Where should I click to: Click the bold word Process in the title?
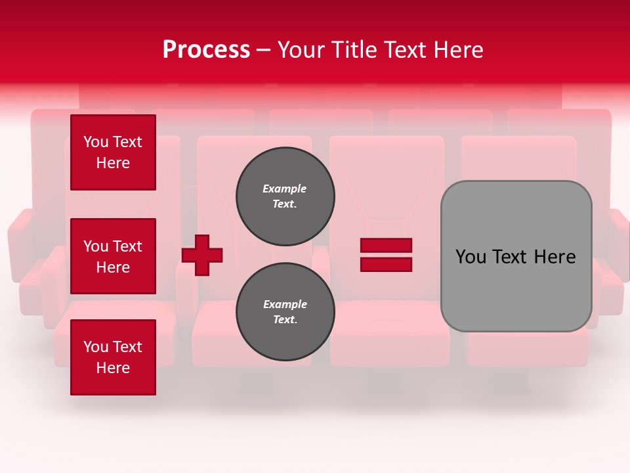(x=206, y=50)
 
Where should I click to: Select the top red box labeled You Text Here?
(x=113, y=152)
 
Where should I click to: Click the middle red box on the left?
(x=113, y=256)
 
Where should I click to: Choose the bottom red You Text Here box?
(x=113, y=357)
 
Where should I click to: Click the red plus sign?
(x=202, y=255)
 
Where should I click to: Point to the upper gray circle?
(x=285, y=196)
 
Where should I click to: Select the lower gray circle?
(x=285, y=311)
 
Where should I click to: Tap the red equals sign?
(x=386, y=255)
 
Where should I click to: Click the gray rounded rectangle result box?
(x=516, y=256)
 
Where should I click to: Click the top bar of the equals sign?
(x=386, y=245)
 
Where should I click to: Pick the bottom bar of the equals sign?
(x=386, y=265)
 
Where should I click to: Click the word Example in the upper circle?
(x=285, y=189)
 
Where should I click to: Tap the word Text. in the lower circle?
(x=285, y=320)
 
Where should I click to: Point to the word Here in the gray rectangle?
(x=555, y=257)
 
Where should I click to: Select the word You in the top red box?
(x=96, y=142)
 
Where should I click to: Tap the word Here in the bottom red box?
(x=113, y=368)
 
